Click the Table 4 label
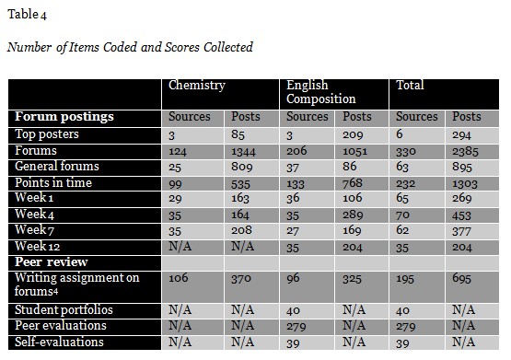(x=26, y=13)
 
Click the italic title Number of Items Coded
(x=130, y=47)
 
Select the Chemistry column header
(x=198, y=85)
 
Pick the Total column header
(x=411, y=85)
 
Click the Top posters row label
(x=47, y=134)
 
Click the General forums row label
(x=57, y=167)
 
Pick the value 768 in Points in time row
(x=355, y=183)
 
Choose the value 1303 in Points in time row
(x=469, y=183)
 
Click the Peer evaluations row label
(x=60, y=326)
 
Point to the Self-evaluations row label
(x=58, y=343)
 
